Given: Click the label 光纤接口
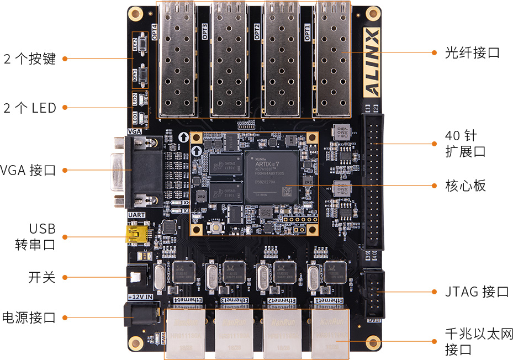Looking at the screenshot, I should (472, 53).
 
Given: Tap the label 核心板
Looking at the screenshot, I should (466, 186).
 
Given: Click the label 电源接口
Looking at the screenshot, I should (29, 317).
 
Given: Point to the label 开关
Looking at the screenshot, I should (42, 277).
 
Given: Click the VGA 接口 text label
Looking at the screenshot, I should (28, 170).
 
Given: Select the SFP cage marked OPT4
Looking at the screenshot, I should (177, 59).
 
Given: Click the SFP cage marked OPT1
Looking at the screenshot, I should (333, 59).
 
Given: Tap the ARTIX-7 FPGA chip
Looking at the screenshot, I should (271, 176).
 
